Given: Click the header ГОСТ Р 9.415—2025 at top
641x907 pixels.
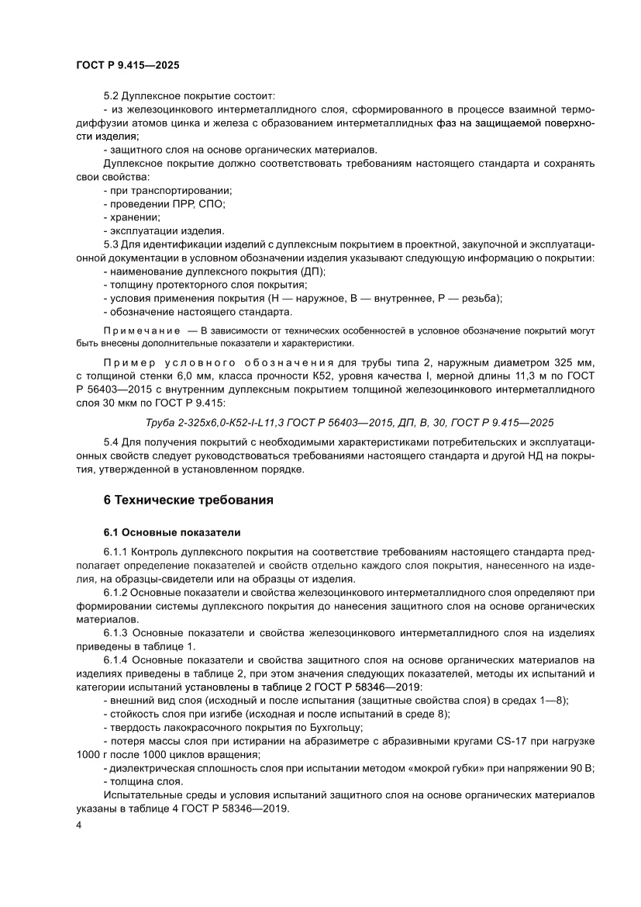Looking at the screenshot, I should [122, 67].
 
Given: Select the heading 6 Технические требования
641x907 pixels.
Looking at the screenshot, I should [188, 500].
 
